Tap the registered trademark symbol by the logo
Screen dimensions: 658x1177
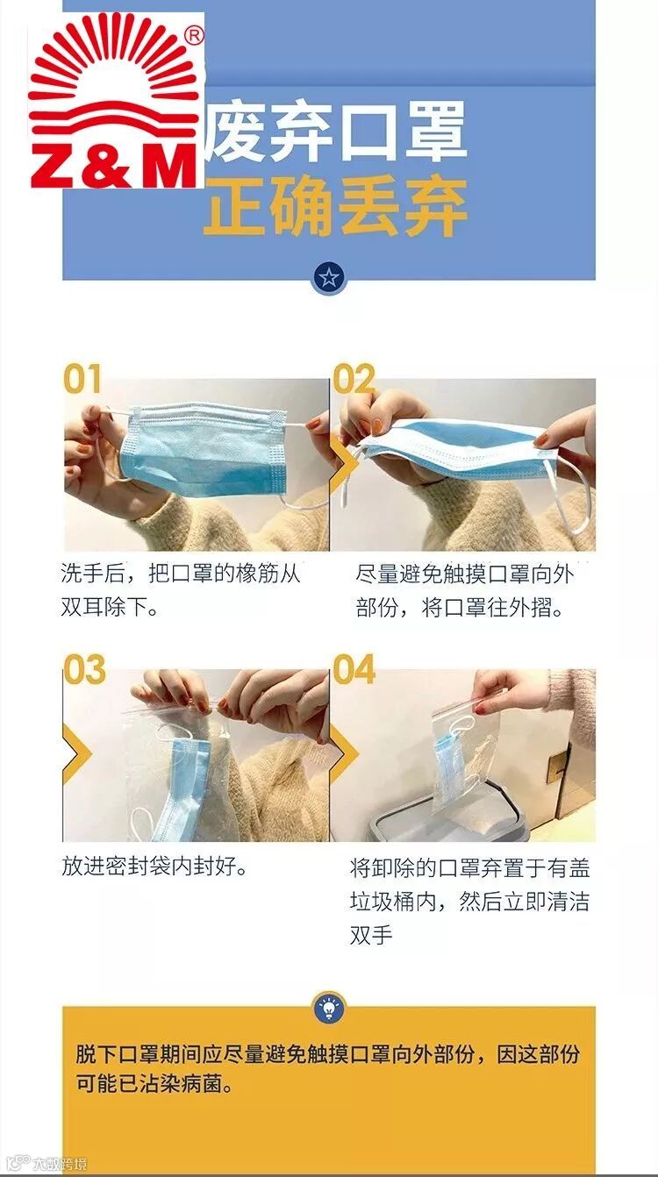pos(195,36)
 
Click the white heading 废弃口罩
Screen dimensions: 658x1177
pos(337,132)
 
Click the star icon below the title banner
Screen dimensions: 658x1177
pos(329,276)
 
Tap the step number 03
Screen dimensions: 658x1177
pos(84,669)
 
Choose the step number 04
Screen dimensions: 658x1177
pos(354,669)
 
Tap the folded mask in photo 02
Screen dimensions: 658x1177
pos(452,447)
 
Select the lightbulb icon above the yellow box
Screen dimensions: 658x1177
pos(329,1007)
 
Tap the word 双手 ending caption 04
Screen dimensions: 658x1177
pos(371,935)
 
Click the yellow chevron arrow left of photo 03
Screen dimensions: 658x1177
pos(76,753)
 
